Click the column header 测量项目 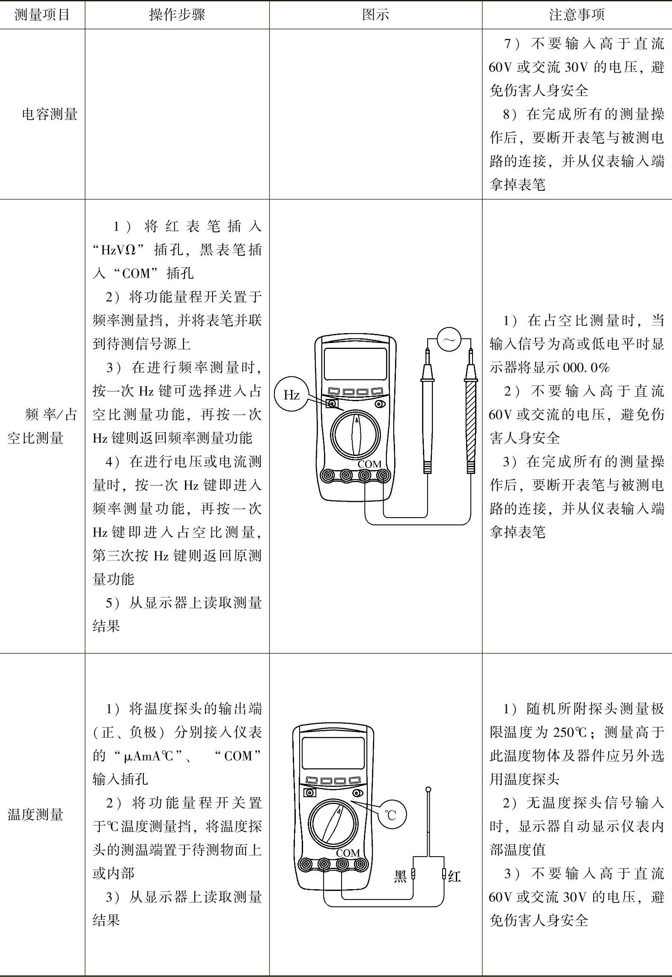pos(42,15)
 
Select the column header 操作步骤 pos(177,15)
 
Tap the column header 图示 pos(375,15)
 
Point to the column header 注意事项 pos(577,15)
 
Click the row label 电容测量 pos(50,114)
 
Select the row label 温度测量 pos(36,814)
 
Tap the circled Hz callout pos(291,394)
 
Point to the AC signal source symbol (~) pos(449,340)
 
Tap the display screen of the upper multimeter pos(355,363)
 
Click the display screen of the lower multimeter pos(333,753)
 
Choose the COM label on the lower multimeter pos(348,853)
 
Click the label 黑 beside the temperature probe pos(400,876)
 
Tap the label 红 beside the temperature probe pos(454,876)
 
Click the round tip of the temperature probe pos(428,789)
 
